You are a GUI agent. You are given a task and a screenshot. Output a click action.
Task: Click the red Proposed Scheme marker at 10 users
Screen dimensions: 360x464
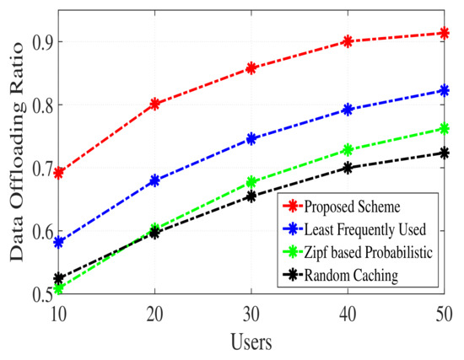point(58,173)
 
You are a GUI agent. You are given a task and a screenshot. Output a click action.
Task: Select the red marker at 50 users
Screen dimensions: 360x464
point(444,33)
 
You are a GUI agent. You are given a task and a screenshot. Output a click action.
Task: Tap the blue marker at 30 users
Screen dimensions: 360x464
point(251,138)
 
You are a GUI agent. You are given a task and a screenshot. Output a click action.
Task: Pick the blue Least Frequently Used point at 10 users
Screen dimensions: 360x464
point(58,242)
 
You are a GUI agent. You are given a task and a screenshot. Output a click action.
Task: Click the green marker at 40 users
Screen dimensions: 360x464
point(347,150)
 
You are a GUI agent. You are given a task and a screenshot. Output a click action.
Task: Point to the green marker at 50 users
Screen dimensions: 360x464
point(444,129)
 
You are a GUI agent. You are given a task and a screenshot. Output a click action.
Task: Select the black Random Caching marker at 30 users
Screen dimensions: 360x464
point(251,196)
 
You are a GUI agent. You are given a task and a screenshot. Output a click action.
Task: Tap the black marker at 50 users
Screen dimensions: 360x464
point(444,153)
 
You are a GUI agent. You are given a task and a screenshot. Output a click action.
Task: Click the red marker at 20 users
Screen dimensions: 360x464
point(154,104)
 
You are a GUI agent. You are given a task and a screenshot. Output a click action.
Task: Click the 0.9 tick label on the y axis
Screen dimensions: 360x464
point(32,41)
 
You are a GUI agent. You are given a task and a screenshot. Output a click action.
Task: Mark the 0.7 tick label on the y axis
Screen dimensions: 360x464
point(32,169)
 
